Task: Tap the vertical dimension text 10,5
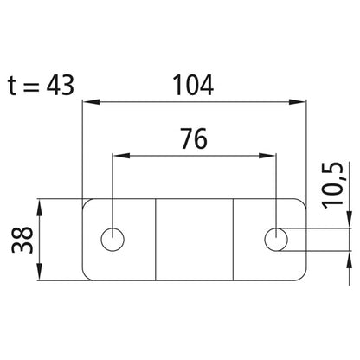(332, 184)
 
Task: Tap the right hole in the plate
(276, 238)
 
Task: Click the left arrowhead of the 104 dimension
(87, 103)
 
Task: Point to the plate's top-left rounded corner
(85, 204)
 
